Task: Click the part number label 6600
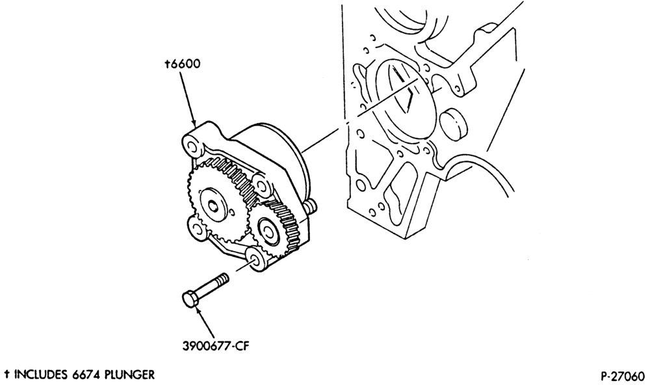point(185,64)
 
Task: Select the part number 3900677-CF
point(216,345)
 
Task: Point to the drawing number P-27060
point(623,376)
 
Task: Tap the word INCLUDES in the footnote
point(41,375)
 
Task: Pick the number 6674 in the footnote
point(86,375)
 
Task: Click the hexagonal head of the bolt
point(190,300)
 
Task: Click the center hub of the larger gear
point(213,204)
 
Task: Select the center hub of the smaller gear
point(266,228)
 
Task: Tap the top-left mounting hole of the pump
point(192,146)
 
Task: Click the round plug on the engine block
point(453,123)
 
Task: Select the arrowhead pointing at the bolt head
point(198,312)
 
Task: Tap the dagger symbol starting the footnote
point(7,375)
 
